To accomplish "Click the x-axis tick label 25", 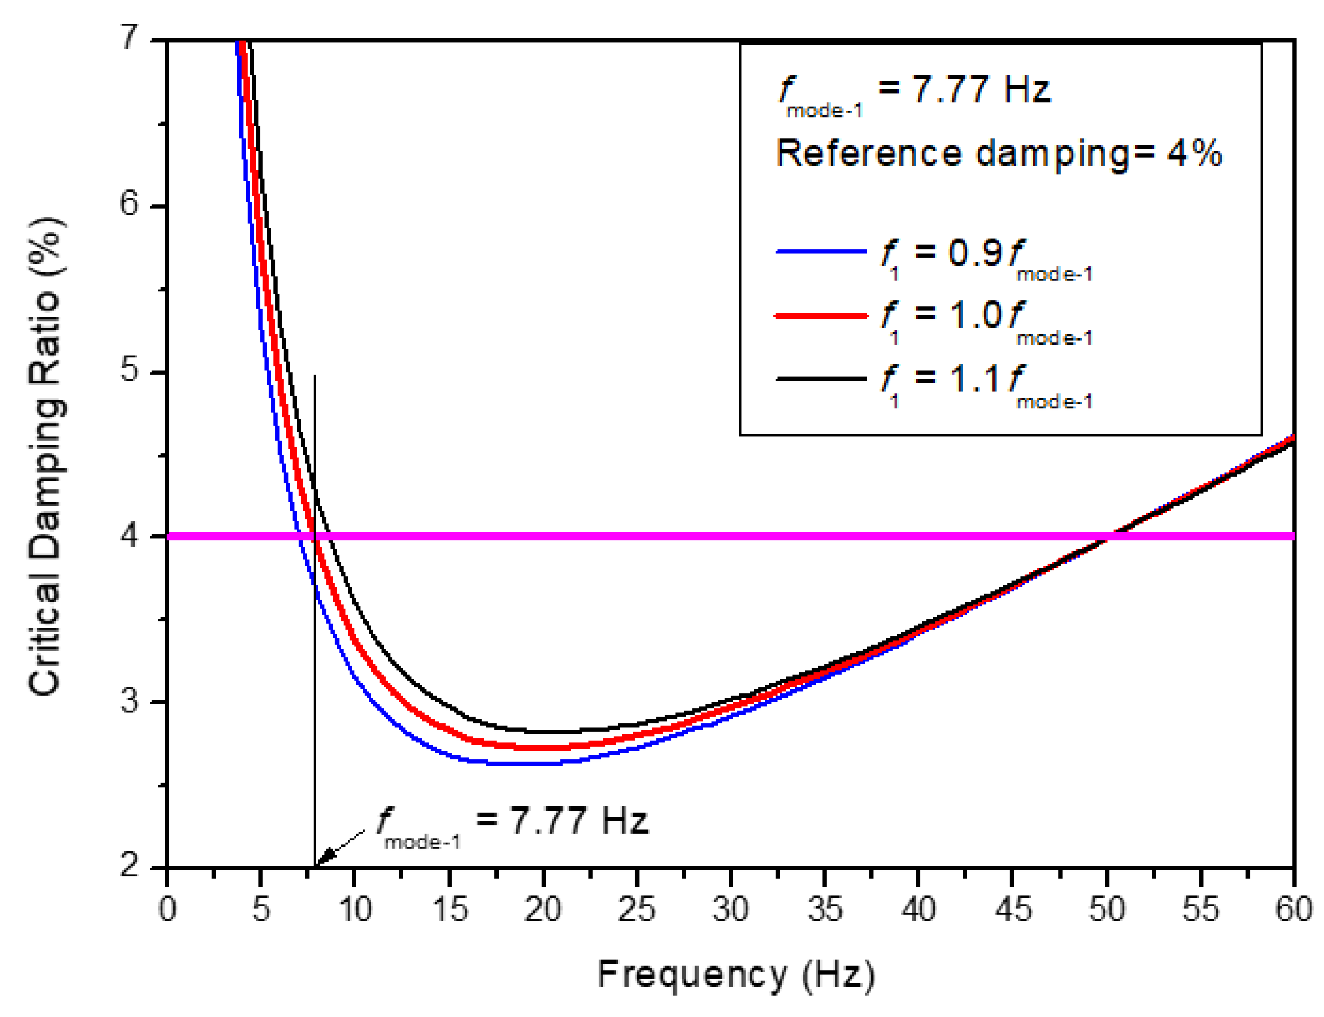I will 636,910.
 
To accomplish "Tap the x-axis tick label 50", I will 1106,910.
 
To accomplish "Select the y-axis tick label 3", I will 130,702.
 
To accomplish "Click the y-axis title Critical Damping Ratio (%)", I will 45,457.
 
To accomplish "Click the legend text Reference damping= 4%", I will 999,153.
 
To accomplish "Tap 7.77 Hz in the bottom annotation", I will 579,821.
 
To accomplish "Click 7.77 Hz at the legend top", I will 981,89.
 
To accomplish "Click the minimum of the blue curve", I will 521,764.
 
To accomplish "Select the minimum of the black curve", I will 545,731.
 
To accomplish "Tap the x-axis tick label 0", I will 167,910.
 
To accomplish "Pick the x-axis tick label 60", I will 1293,910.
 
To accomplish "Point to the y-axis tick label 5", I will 130,370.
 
